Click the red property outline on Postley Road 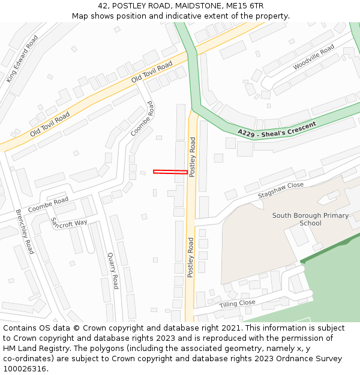pyautogui.click(x=170, y=172)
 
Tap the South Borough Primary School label pyautogui.click(x=310, y=219)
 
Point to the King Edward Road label pyautogui.click(x=22, y=58)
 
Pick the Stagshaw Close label pyautogui.click(x=281, y=190)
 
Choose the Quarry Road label pyautogui.click(x=113, y=270)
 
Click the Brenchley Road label pyautogui.click(x=25, y=231)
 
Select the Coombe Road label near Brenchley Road pyautogui.click(x=48, y=205)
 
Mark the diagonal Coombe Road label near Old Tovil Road pyautogui.click(x=142, y=118)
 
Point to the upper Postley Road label pyautogui.click(x=193, y=157)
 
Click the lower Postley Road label pyautogui.click(x=191, y=257)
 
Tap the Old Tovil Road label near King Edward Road pyautogui.click(x=50, y=123)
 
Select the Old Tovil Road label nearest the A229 pyautogui.click(x=152, y=71)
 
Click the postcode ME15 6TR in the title pyautogui.click(x=250, y=5)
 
